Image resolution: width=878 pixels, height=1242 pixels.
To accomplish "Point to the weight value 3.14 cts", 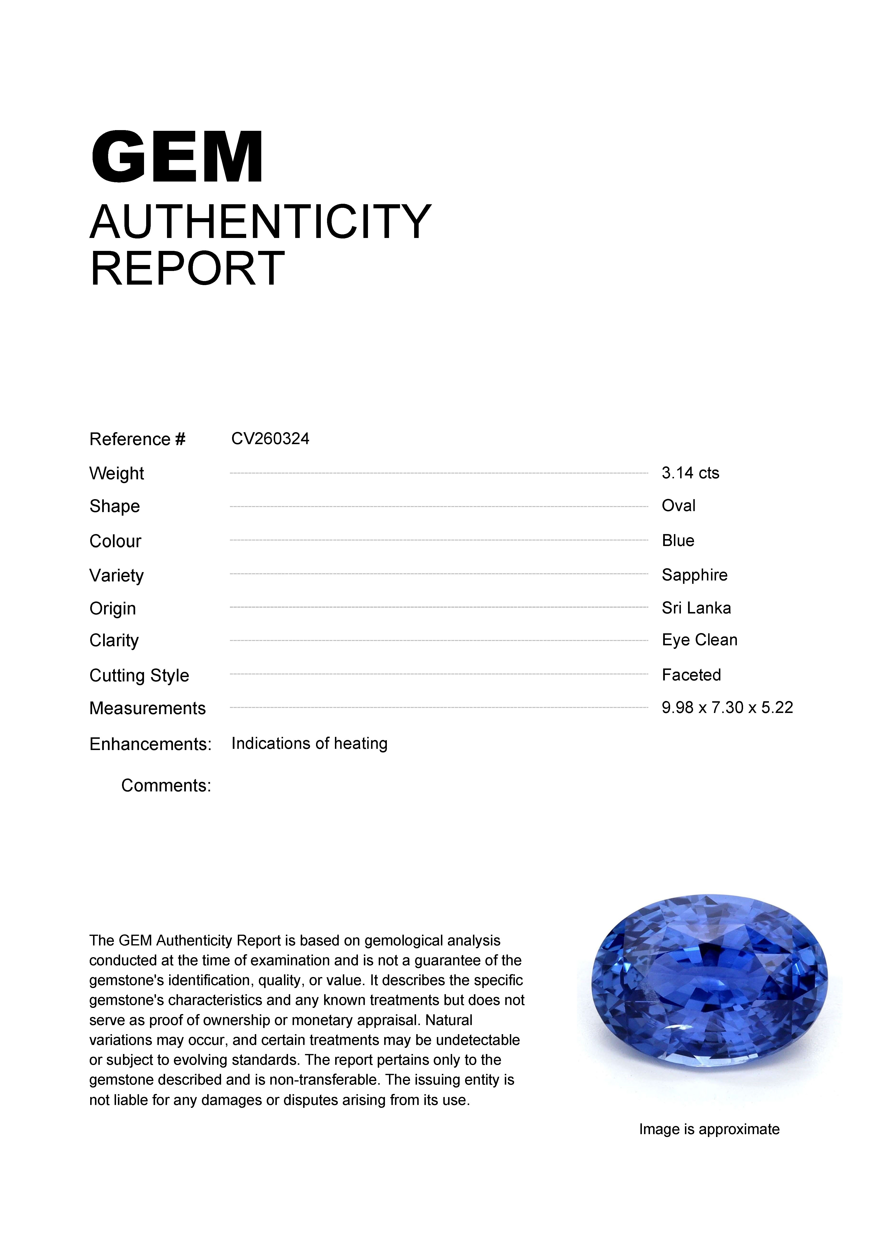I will point(690,473).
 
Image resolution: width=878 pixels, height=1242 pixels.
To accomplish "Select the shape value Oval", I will point(678,506).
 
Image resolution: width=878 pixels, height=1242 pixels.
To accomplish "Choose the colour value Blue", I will point(678,540).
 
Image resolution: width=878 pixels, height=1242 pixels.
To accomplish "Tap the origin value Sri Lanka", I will point(696,608).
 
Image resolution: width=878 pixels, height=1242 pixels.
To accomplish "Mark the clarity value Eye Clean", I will point(700,640).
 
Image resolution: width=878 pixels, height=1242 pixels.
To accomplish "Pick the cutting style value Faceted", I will point(691,675).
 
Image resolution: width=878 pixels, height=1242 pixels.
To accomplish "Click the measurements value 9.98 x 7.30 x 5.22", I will point(727,707).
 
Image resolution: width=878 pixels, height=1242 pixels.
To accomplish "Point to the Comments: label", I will point(166,785).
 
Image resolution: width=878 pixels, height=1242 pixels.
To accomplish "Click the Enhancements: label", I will point(150,744).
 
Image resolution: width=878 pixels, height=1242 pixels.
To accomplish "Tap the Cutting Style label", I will point(139,676).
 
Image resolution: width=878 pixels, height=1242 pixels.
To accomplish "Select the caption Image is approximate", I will point(709,1130).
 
